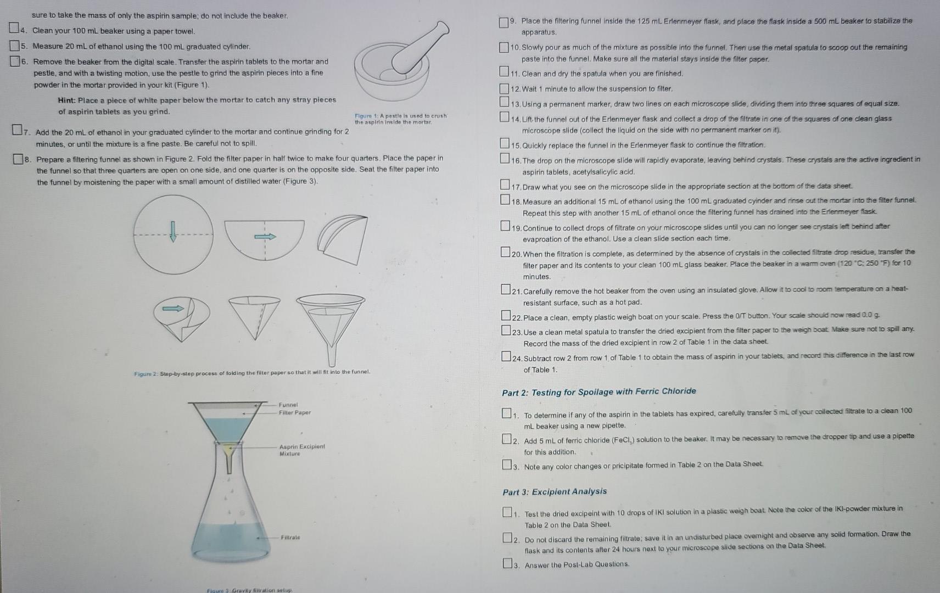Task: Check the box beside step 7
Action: point(18,131)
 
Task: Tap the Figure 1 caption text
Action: point(400,119)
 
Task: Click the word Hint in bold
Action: point(66,100)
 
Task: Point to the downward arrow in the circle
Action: point(173,231)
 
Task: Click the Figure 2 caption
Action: point(252,372)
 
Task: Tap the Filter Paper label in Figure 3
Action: point(295,412)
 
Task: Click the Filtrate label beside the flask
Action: point(290,537)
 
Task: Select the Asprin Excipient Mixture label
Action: point(301,450)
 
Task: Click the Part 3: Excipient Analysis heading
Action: point(555,491)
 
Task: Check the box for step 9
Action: point(503,23)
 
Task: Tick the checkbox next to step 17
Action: point(505,185)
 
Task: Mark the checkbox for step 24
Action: point(506,356)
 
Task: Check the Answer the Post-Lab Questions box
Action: point(507,563)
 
